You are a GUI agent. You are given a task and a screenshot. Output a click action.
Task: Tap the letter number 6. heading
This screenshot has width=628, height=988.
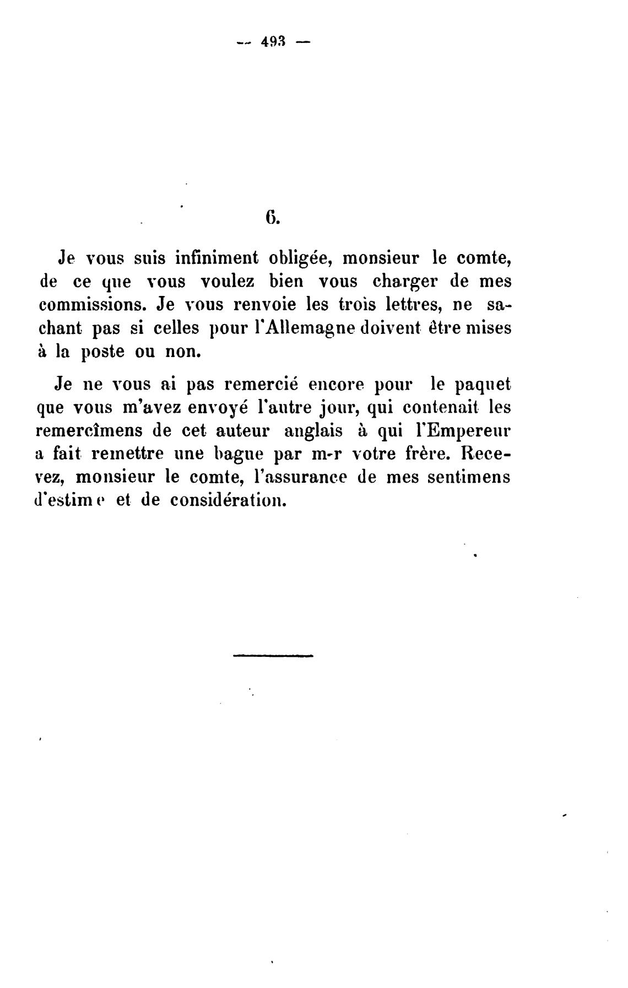272,218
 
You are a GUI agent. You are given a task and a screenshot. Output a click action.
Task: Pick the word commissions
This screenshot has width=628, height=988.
94,305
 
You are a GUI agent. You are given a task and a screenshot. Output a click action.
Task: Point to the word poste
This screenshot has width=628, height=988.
103,353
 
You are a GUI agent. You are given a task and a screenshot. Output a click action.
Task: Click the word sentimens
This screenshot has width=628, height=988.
472,477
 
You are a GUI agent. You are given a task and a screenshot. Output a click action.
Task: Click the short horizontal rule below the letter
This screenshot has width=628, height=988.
273,655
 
